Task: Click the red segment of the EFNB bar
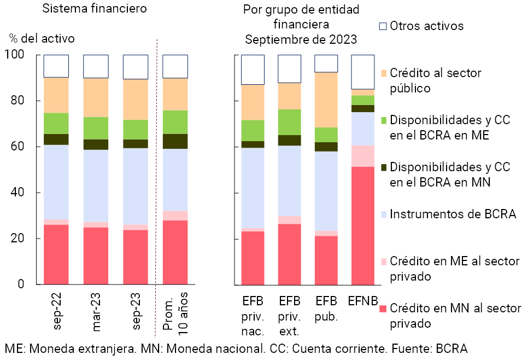click(x=362, y=225)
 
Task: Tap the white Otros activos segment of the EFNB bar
click(x=362, y=72)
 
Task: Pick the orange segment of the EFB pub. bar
click(x=326, y=100)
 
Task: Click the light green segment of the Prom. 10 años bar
click(x=175, y=122)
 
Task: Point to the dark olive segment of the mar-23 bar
click(x=96, y=144)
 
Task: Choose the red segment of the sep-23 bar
click(x=135, y=257)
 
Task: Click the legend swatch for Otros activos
click(x=383, y=26)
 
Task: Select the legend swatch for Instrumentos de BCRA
click(x=383, y=214)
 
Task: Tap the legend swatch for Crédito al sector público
click(x=383, y=73)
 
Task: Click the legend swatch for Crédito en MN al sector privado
click(x=383, y=309)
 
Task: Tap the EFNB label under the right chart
click(x=362, y=301)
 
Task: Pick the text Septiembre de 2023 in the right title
click(x=301, y=39)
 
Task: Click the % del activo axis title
click(x=42, y=38)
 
